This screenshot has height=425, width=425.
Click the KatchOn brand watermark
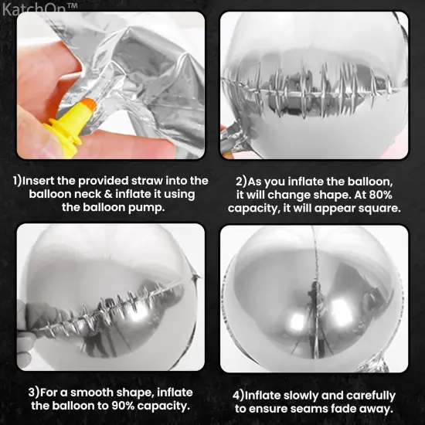(39, 9)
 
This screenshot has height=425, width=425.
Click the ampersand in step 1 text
(108, 194)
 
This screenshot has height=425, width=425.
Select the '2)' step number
(241, 182)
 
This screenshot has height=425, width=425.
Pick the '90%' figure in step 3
(123, 406)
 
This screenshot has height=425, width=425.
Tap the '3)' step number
(34, 393)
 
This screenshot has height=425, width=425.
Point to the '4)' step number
(239, 396)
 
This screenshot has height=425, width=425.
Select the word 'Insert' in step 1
(39, 181)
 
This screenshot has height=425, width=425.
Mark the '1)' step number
(17, 181)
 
